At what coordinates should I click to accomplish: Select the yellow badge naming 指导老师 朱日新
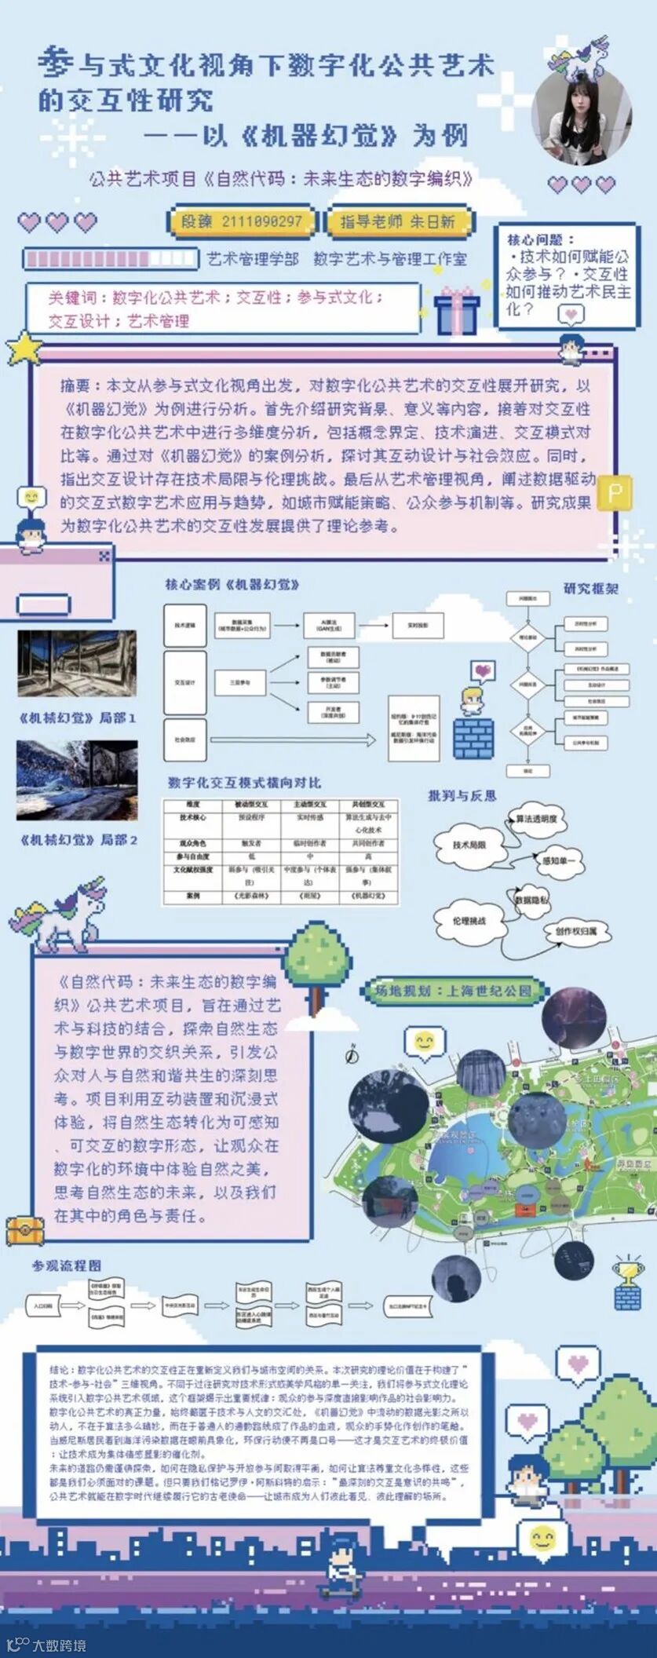pyautogui.click(x=397, y=221)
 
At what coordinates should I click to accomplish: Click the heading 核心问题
pyautogui.click(x=540, y=239)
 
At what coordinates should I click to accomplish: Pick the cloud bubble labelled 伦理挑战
pyautogui.click(x=469, y=921)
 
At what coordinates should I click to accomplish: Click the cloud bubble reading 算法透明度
pyautogui.click(x=536, y=819)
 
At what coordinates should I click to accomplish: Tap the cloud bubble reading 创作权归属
pyautogui.click(x=575, y=931)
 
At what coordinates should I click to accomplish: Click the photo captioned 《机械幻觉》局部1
pyautogui.click(x=77, y=663)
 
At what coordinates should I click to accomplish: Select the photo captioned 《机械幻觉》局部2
pyautogui.click(x=77, y=780)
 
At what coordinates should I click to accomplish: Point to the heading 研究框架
pyautogui.click(x=590, y=588)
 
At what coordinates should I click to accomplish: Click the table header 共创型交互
pyautogui.click(x=368, y=805)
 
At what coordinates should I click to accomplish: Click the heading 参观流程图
pyautogui.click(x=67, y=1265)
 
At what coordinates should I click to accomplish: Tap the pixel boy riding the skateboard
pyautogui.click(x=341, y=1570)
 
